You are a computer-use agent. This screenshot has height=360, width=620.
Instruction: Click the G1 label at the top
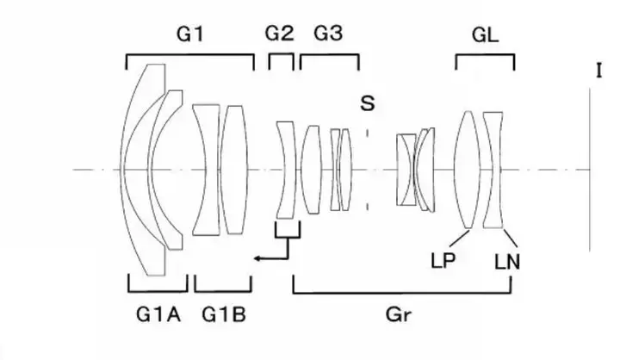point(190,34)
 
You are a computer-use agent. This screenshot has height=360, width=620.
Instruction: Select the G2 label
point(280,34)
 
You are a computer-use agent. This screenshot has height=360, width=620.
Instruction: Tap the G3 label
point(328,34)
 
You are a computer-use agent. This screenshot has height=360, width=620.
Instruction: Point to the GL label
point(485,35)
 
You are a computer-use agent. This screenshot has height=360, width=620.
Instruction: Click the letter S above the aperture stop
point(368,103)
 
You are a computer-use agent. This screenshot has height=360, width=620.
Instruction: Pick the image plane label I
point(599,71)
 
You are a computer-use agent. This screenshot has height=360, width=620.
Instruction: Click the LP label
point(443,261)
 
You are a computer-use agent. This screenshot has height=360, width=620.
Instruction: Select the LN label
point(507,262)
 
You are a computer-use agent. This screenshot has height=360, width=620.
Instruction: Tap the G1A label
point(158,315)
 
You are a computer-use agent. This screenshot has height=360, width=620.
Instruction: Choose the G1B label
point(224,315)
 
